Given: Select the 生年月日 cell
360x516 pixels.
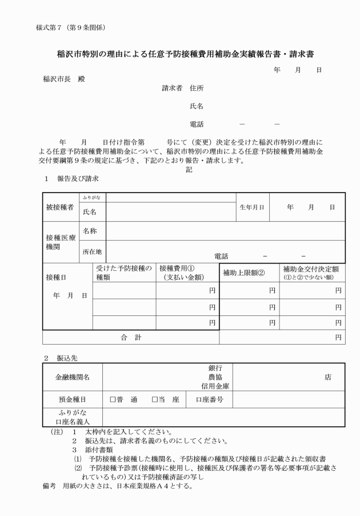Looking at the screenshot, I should coord(252,207).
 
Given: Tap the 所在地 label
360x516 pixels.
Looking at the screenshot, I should coord(92,251).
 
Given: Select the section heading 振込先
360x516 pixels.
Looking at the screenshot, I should coord(67,357).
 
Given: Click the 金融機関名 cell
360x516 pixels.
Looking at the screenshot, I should coord(71,378).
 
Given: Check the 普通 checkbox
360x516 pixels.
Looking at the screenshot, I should coord(113,399).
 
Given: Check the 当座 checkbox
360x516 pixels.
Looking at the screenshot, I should coord(155,399).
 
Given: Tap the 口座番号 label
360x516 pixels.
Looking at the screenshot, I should coord(210,399).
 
